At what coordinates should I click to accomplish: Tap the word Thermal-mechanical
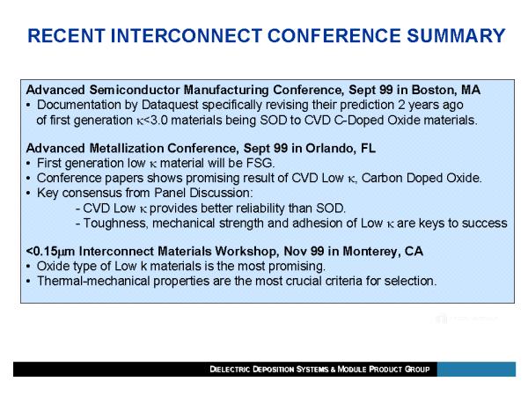click(93, 281)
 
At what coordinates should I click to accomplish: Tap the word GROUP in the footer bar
click(417, 370)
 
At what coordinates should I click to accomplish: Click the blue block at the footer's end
click(476, 370)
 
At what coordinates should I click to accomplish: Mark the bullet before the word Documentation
click(29, 106)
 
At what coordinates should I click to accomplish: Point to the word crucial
click(304, 281)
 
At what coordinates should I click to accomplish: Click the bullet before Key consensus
click(29, 194)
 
